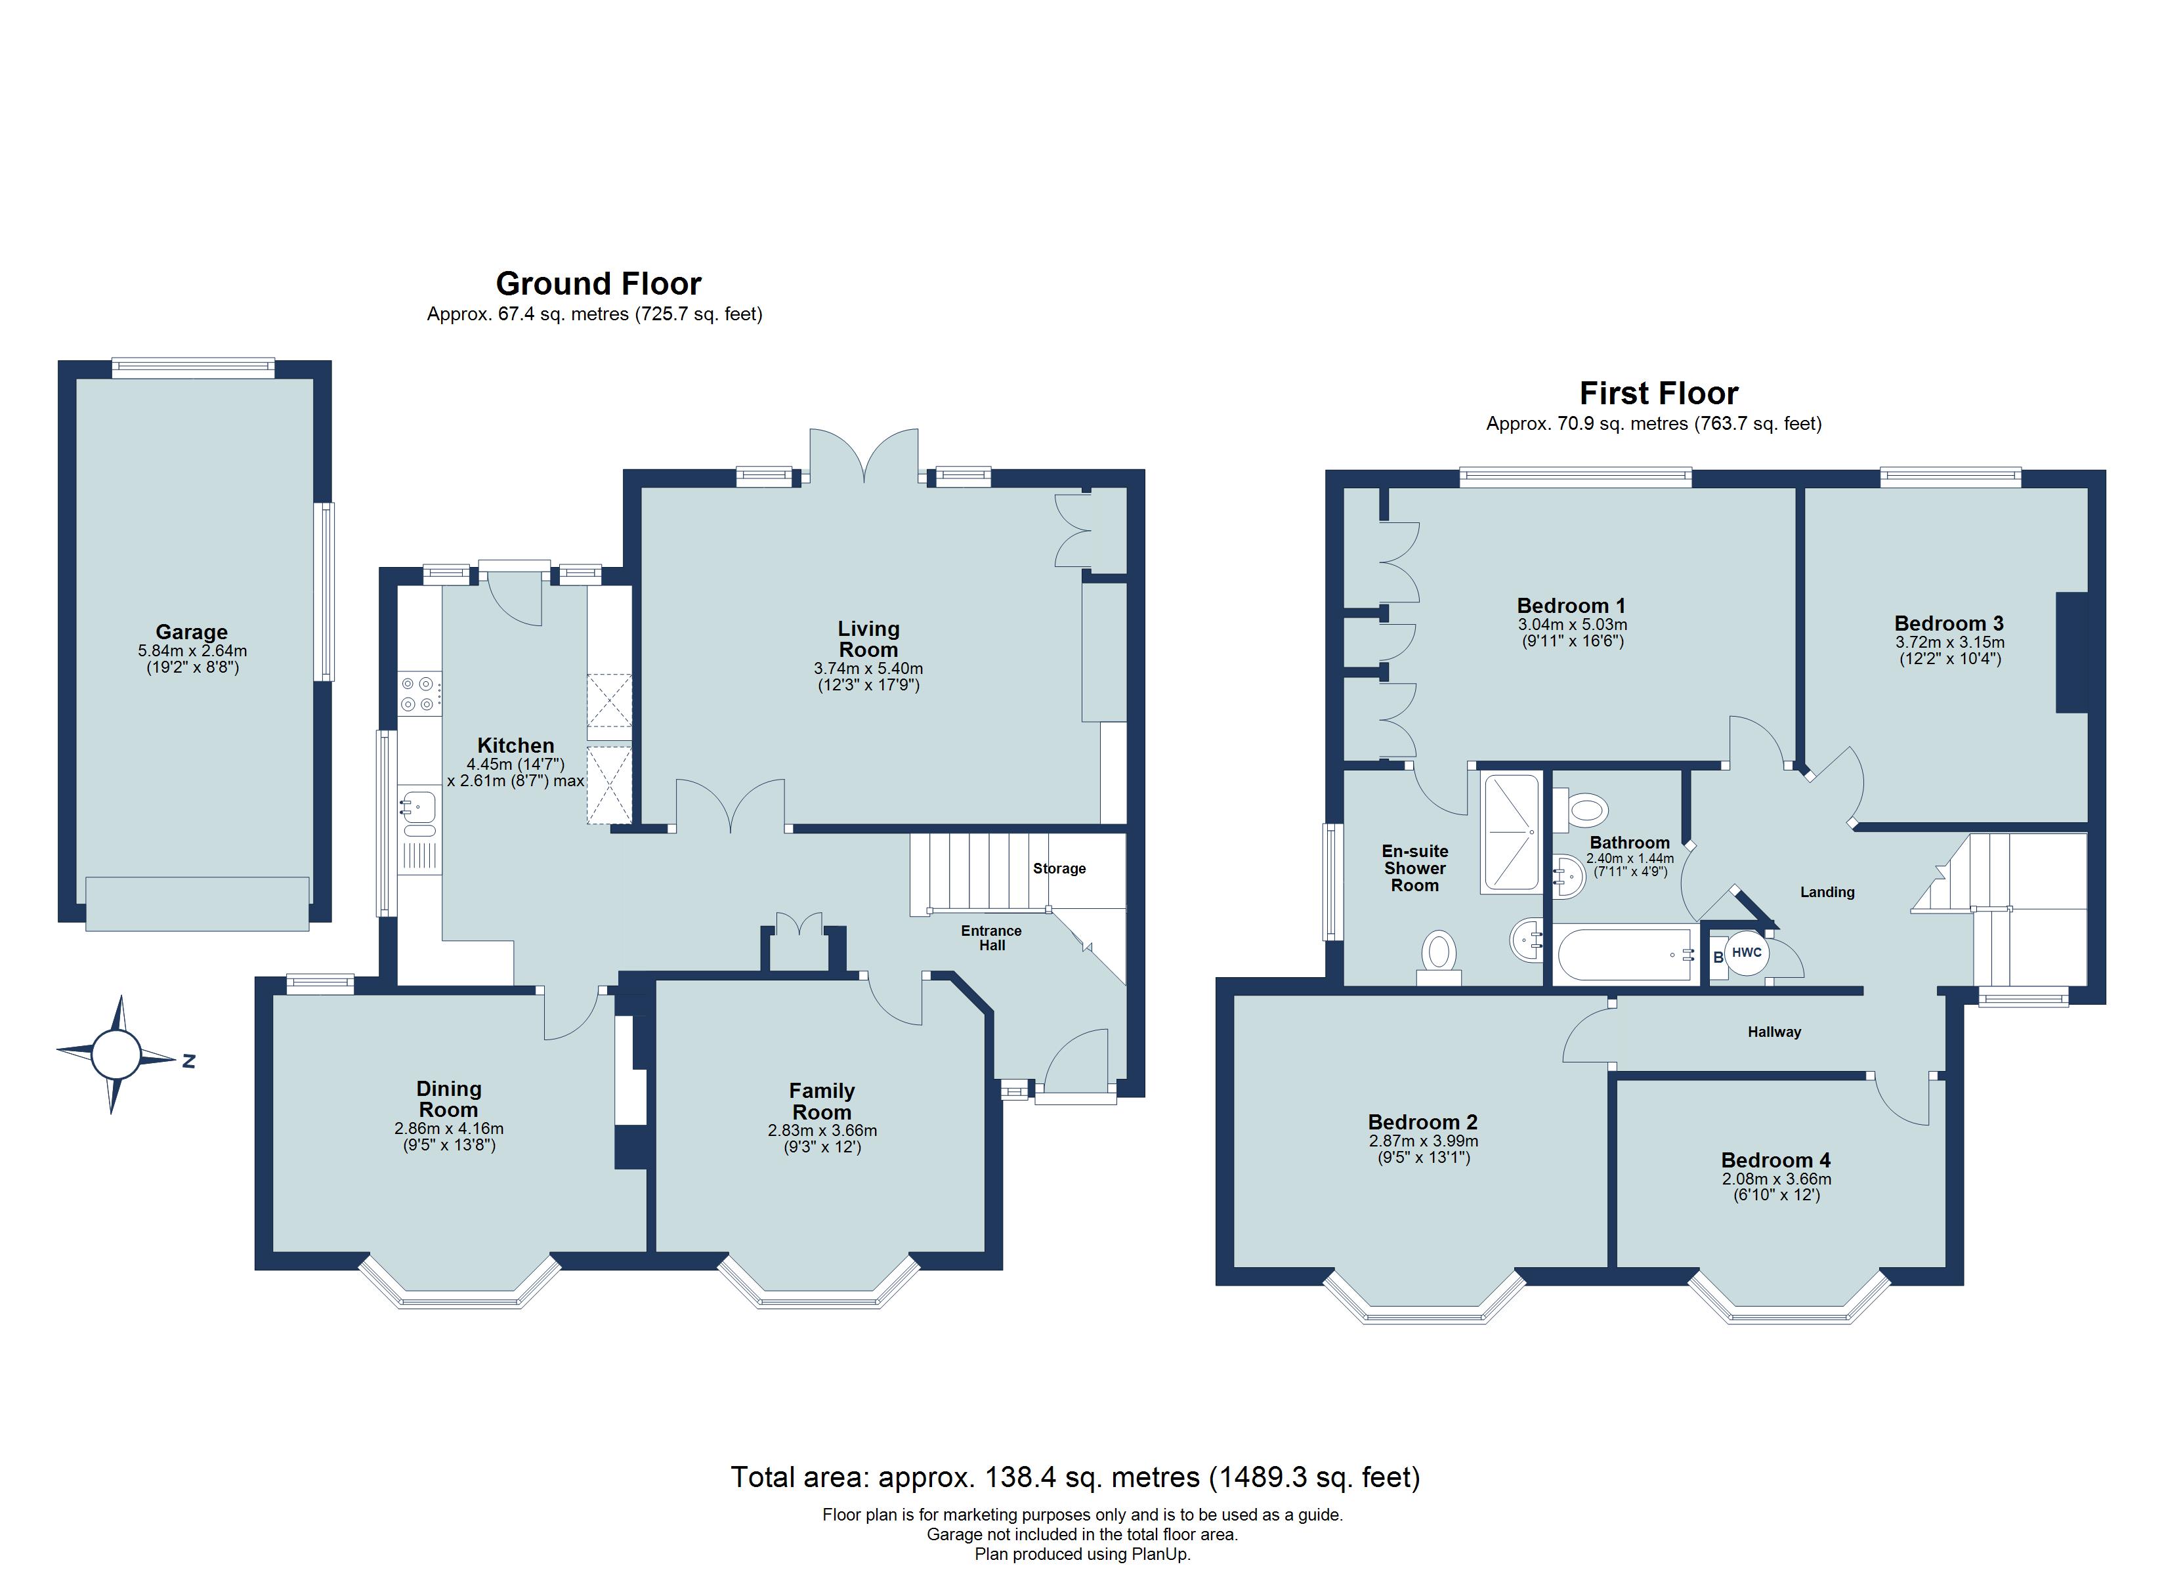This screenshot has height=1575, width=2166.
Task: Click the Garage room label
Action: (191, 631)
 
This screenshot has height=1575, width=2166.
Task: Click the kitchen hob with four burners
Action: (419, 694)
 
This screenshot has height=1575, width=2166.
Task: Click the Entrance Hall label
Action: (991, 938)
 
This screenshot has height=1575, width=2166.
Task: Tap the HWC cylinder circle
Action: (1746, 954)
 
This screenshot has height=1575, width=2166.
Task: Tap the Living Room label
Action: (868, 639)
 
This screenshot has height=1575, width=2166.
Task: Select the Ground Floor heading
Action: (598, 283)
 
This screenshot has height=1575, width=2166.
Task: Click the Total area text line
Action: (1075, 1478)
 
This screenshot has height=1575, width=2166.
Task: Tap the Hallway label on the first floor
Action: (1773, 1032)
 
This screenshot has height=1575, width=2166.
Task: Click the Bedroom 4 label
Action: (1775, 1160)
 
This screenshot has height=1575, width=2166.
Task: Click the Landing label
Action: (1827, 892)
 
